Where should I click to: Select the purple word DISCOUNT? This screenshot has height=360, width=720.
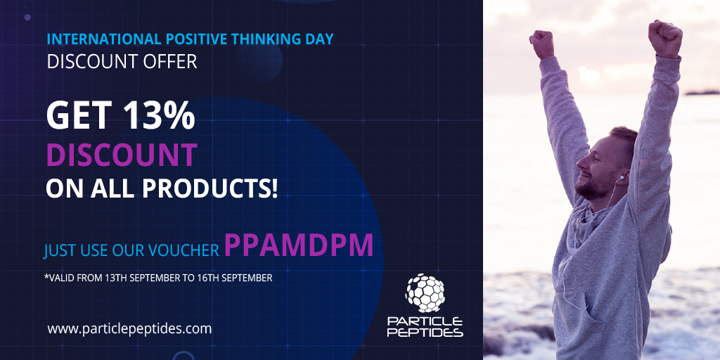[x=121, y=154]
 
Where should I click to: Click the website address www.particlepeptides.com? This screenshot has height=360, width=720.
[x=129, y=328]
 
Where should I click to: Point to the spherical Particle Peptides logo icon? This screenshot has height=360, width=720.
[x=425, y=292]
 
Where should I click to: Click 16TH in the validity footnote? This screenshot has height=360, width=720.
[x=207, y=278]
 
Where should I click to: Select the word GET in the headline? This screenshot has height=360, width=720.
[x=71, y=116]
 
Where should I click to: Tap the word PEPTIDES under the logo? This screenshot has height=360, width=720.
[x=425, y=332]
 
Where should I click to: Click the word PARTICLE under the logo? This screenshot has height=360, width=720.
[x=425, y=321]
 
